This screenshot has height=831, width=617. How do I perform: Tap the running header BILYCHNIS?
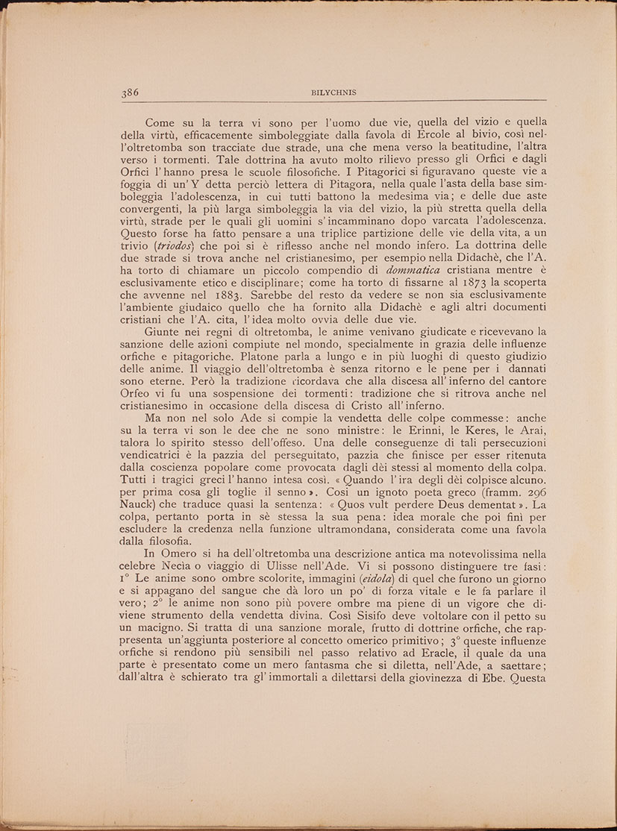[333, 93]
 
